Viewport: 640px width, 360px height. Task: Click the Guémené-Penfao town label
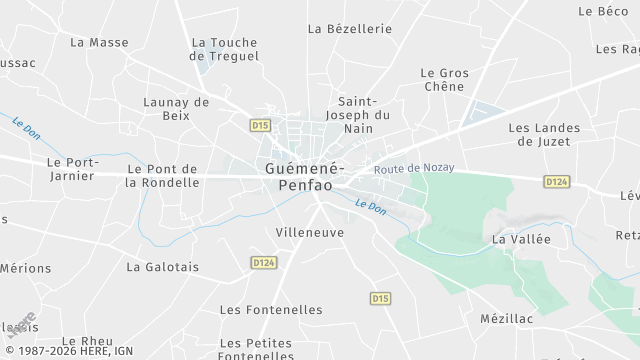(x=305, y=177)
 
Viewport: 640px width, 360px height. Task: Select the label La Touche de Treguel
(x=224, y=49)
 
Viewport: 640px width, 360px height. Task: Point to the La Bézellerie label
(x=350, y=29)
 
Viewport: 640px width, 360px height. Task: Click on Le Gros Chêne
(x=443, y=80)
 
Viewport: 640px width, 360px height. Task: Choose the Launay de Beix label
(x=176, y=108)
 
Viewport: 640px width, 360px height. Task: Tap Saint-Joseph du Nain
(x=358, y=115)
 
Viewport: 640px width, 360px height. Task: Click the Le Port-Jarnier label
(x=70, y=168)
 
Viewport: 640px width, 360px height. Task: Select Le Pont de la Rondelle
(x=162, y=175)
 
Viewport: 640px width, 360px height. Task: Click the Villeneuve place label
(x=309, y=231)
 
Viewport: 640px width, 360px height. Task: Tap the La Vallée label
(x=521, y=239)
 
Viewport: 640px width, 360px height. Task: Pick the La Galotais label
(x=163, y=267)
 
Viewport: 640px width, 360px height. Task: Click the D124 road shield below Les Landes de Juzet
(x=557, y=181)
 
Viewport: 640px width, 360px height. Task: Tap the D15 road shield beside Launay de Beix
(x=261, y=124)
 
